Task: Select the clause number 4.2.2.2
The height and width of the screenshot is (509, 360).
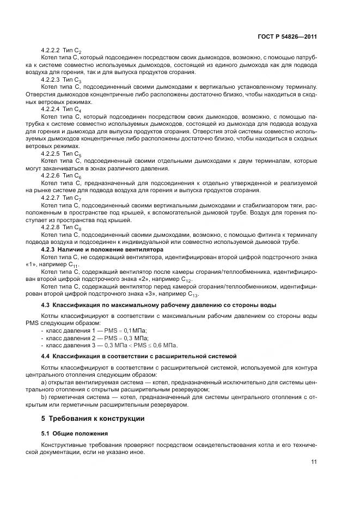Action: coord(51,50)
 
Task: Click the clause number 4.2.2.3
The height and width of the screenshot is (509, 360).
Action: coord(51,79)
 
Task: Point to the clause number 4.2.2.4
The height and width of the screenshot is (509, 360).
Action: coord(51,108)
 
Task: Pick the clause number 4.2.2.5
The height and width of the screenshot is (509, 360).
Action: coord(51,154)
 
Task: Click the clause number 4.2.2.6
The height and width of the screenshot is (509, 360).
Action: coord(51,176)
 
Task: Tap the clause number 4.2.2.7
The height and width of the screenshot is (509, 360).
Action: coord(51,198)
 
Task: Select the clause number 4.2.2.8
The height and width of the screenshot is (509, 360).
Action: coord(51,226)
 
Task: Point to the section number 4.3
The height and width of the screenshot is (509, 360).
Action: coord(46,305)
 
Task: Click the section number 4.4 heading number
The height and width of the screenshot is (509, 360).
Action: coord(46,355)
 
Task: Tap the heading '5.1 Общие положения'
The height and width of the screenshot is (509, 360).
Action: coord(75,433)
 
